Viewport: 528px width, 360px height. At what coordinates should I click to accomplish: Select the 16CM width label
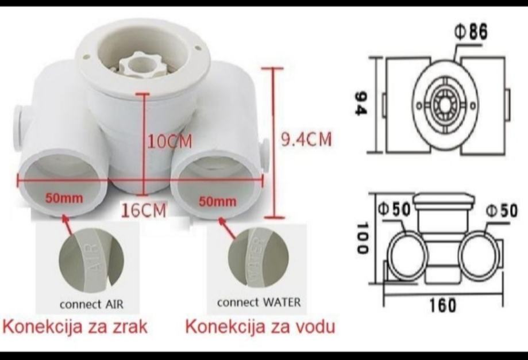point(144,210)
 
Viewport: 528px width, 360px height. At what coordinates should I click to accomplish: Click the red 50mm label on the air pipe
point(64,199)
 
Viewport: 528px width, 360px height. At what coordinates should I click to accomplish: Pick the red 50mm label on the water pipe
point(217,201)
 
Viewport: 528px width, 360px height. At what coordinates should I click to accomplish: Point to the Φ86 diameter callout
point(471,33)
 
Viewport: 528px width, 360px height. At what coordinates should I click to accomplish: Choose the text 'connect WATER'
point(259,302)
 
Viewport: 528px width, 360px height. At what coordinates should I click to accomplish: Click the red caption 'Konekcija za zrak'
point(76,327)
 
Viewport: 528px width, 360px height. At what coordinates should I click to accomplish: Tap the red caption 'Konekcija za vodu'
point(260,327)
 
